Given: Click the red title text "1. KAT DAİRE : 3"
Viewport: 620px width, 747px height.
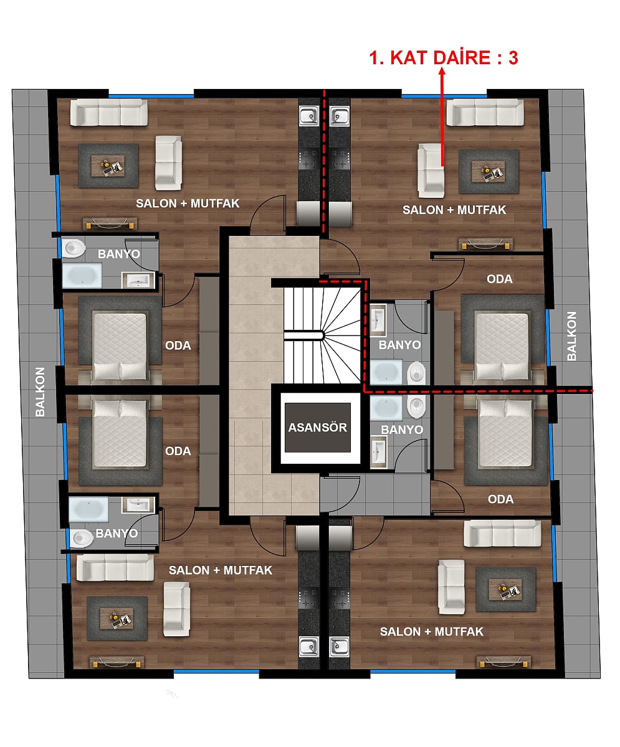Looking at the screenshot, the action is [444, 58].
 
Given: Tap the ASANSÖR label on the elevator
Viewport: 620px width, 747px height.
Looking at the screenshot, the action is [317, 428].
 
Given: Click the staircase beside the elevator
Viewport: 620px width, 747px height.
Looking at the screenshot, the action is [322, 336].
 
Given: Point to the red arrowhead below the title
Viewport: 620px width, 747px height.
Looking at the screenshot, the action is [442, 72].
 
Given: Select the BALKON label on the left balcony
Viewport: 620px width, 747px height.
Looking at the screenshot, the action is [40, 392].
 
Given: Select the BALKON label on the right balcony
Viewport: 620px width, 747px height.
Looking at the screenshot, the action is [571, 336].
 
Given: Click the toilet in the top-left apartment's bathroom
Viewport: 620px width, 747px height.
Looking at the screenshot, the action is [74, 248].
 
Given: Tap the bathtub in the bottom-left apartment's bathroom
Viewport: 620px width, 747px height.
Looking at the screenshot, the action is [88, 509].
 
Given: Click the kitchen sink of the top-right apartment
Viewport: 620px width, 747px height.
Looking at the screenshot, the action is [339, 116].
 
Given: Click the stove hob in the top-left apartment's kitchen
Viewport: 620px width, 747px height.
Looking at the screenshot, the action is [308, 159].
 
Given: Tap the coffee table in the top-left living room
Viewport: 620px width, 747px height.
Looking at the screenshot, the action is [108, 166].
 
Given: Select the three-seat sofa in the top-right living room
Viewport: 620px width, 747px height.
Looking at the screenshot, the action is [485, 112].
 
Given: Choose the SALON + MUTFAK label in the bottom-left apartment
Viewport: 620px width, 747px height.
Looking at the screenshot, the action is [221, 570].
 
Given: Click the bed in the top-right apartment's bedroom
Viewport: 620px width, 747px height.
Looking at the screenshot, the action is [502, 346].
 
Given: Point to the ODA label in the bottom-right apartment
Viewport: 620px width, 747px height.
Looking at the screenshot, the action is [501, 499].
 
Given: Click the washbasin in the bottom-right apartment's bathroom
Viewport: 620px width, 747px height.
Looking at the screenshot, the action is [378, 452].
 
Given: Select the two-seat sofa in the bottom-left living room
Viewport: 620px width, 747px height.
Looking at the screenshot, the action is [176, 609].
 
